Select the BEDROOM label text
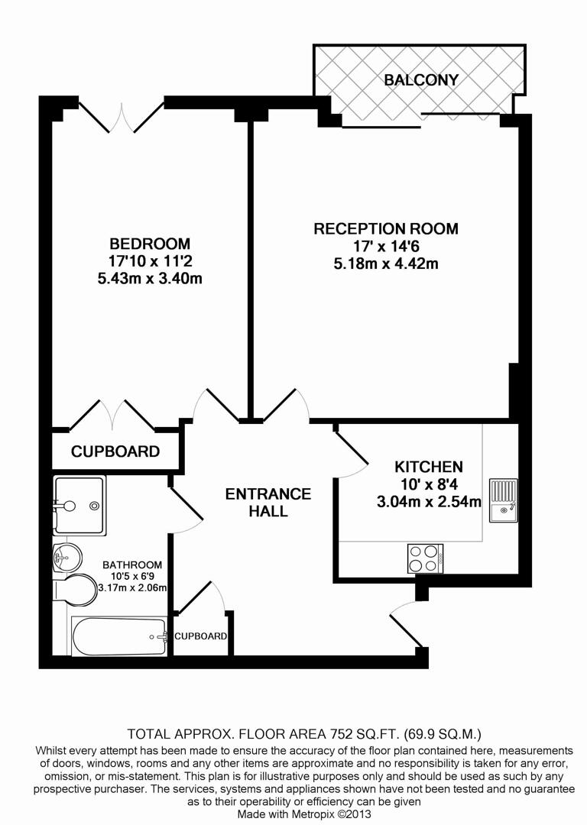pyautogui.click(x=149, y=244)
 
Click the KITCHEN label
pyautogui.click(x=428, y=467)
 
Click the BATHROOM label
pyautogui.click(x=133, y=565)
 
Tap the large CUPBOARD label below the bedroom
pyautogui.click(x=115, y=451)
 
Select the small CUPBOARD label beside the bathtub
pyautogui.click(x=200, y=636)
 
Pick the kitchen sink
pyautogui.click(x=503, y=500)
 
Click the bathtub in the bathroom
pyautogui.click(x=119, y=636)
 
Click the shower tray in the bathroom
pyautogui.click(x=79, y=505)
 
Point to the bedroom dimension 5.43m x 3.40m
pyautogui.click(x=149, y=279)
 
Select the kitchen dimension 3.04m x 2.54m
pyautogui.click(x=428, y=502)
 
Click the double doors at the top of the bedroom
pyautogui.click(x=122, y=116)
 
